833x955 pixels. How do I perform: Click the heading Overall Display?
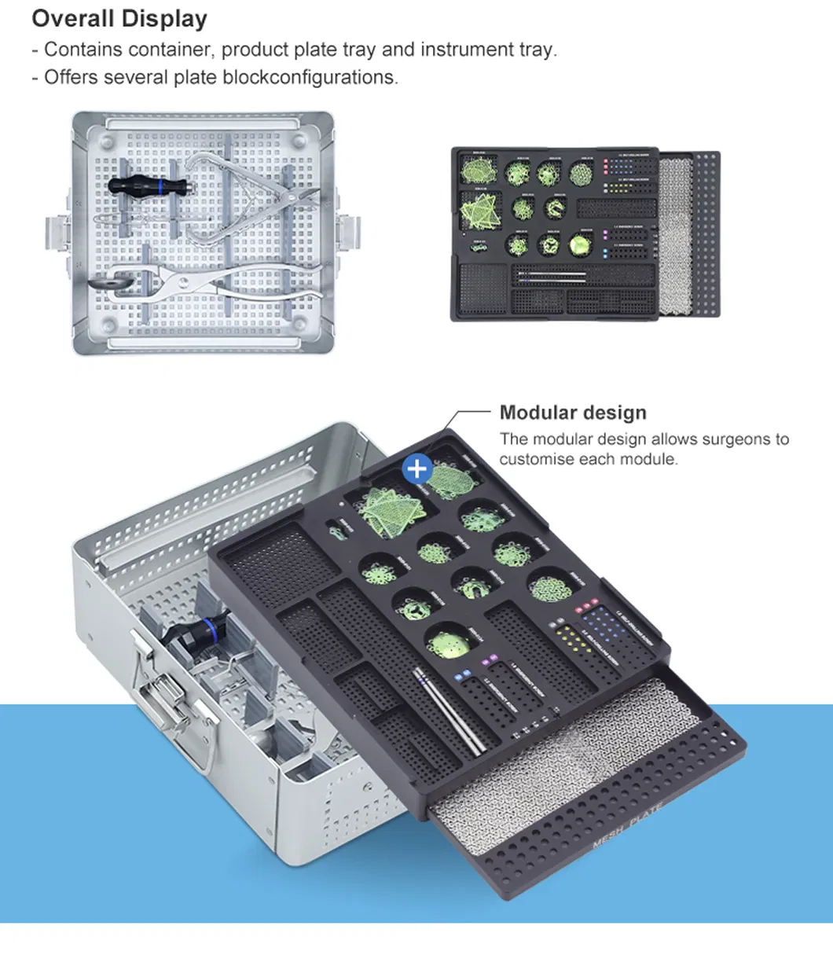(x=119, y=18)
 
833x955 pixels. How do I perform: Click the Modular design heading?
(x=573, y=413)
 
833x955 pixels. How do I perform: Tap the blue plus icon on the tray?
(x=417, y=469)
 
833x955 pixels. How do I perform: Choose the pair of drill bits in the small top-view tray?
(x=550, y=276)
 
